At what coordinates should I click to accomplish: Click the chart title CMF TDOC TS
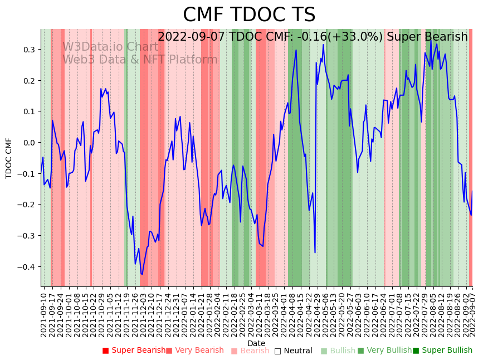(x=249, y=15)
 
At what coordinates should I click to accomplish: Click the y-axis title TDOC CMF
(x=9, y=158)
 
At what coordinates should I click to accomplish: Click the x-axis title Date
(x=256, y=343)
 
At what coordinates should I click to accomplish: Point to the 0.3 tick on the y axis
(x=30, y=50)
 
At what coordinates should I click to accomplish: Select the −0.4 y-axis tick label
(x=28, y=267)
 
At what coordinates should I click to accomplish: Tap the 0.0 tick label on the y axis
(x=30, y=143)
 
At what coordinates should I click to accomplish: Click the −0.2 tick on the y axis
(x=28, y=205)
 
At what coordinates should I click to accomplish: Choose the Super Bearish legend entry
(x=134, y=351)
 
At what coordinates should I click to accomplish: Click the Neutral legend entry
(x=293, y=351)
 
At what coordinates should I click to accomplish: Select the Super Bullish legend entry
(x=442, y=351)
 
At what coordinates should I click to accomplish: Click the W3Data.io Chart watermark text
(x=110, y=47)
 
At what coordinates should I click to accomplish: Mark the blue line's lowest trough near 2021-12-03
(x=142, y=274)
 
